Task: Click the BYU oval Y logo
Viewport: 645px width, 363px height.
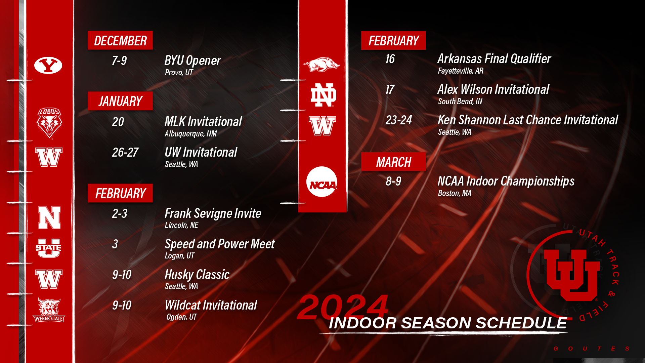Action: point(48,65)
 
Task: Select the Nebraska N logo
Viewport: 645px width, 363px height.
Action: point(49,217)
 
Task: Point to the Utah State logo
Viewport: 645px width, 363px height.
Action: point(48,248)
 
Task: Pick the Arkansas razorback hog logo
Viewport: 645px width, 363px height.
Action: point(321,64)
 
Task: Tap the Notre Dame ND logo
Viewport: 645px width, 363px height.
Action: point(323,95)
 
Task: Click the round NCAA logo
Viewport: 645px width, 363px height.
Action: point(322,182)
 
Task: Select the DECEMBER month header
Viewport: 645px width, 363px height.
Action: point(120,40)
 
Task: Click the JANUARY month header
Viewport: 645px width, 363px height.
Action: point(120,101)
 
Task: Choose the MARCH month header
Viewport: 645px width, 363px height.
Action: point(393,162)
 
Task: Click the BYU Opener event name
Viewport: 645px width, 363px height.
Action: point(192,61)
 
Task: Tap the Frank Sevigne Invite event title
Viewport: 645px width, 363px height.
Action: point(213,213)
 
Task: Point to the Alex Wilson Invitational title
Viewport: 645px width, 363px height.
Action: point(493,89)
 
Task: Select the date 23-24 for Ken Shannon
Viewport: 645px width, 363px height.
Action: point(398,120)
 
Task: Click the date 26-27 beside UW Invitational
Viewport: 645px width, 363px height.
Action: point(125,152)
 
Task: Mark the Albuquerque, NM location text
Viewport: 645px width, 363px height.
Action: point(190,134)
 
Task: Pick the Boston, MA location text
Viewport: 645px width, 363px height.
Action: point(455,193)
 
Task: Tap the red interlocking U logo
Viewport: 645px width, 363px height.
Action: point(572,275)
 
